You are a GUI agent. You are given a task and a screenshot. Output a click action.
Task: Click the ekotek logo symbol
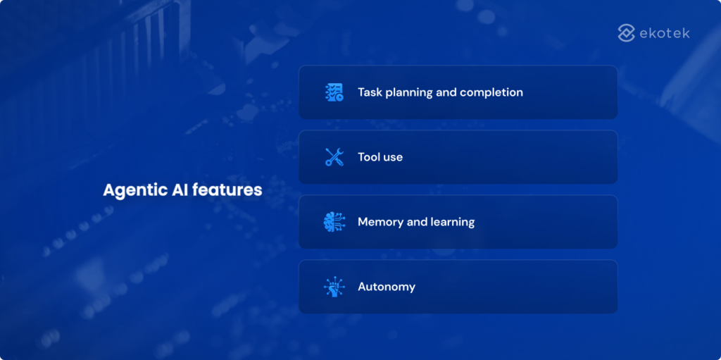point(627,33)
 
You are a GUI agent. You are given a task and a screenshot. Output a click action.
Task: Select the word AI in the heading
point(176,190)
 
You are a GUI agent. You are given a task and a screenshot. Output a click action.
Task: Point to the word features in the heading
point(227,190)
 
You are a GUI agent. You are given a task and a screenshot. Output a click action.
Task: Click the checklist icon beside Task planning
point(334,92)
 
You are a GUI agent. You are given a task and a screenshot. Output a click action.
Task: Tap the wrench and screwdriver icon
point(334,157)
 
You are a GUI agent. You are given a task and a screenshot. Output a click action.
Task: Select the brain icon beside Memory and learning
point(334,222)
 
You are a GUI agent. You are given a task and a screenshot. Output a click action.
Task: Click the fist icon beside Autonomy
point(334,287)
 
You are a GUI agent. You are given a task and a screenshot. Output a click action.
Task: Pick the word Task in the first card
point(370,92)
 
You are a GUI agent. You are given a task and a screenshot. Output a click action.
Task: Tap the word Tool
point(369,157)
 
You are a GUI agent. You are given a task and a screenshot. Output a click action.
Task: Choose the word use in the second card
point(393,157)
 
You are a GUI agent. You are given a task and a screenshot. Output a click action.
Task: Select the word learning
point(453,223)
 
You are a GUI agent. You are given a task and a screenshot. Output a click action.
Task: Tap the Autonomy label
point(387,287)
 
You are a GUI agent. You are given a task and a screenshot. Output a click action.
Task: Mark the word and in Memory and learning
point(418,222)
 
